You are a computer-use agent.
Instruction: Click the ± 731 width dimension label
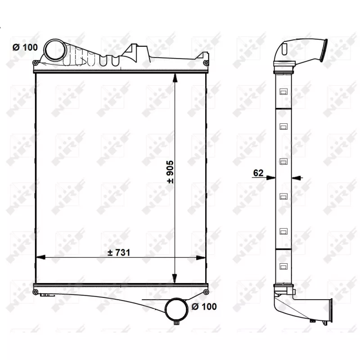click(x=119, y=253)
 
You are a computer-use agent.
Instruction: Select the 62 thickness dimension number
click(x=258, y=172)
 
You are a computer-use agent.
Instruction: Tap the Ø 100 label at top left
click(x=24, y=48)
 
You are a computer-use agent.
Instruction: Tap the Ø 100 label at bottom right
click(x=204, y=306)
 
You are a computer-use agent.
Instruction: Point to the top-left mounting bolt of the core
click(x=36, y=63)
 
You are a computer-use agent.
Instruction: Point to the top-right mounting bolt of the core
click(x=206, y=63)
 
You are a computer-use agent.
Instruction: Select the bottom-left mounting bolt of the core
click(x=36, y=292)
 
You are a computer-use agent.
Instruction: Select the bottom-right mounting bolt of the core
click(x=206, y=292)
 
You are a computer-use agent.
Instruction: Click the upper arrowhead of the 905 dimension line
click(x=175, y=77)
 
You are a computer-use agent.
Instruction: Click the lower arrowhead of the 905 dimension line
click(x=175, y=279)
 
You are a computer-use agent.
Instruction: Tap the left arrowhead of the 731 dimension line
click(x=40, y=257)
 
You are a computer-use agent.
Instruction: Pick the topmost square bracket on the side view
click(x=283, y=92)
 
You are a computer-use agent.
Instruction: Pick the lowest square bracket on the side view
click(x=283, y=266)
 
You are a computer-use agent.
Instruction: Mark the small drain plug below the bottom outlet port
click(x=176, y=323)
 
